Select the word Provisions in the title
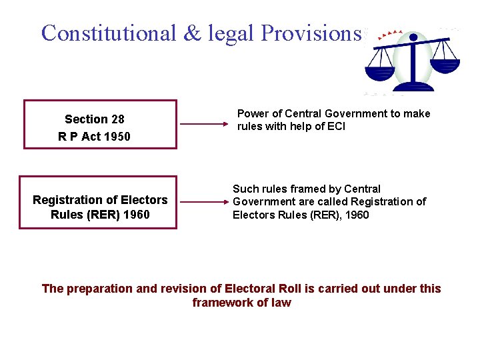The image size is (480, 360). pos(311,33)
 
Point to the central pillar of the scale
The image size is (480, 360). pos(413,63)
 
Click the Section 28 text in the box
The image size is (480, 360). pos(95,119)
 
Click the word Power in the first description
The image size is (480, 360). pos(253,113)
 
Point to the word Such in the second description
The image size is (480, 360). pos(245,189)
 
